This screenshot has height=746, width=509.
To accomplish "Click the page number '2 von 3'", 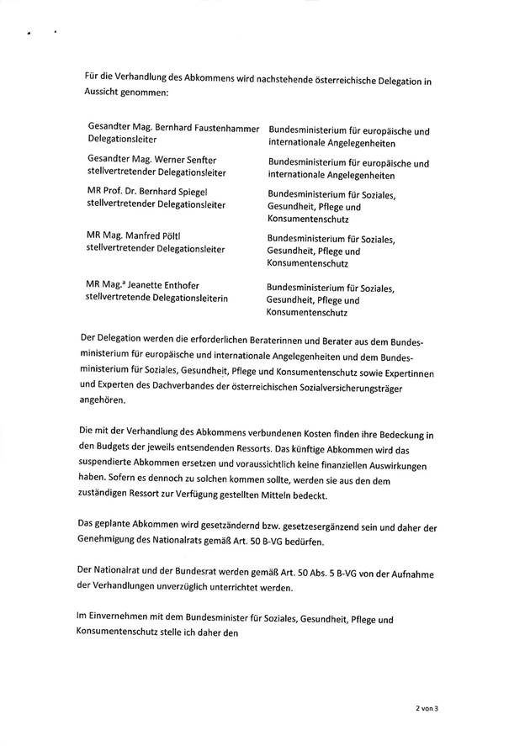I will click(427, 710).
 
